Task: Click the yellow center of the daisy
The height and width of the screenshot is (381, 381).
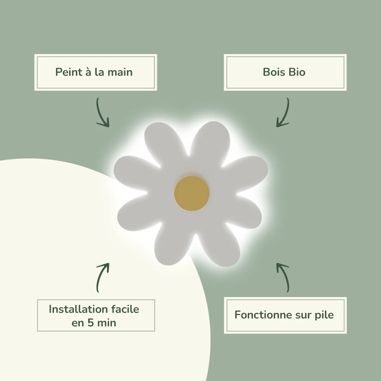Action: click(192, 193)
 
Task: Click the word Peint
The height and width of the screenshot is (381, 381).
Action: click(66, 72)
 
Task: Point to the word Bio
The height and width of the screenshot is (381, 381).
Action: click(297, 72)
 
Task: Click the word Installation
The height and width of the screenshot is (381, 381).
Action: click(78, 309)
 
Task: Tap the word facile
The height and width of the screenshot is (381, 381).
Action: click(125, 309)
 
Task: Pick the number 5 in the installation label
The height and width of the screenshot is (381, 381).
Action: click(90, 323)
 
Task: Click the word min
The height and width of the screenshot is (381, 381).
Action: click(107, 323)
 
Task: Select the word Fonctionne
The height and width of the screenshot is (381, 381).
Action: click(263, 315)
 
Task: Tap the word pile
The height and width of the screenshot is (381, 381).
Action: click(324, 315)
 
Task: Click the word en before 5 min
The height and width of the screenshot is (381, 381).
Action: click(78, 323)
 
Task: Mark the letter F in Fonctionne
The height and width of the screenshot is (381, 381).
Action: click(237, 315)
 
